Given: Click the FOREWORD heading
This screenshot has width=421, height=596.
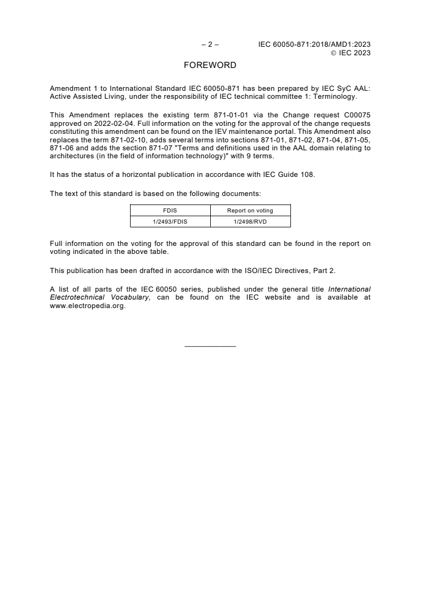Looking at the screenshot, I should pyautogui.click(x=210, y=66).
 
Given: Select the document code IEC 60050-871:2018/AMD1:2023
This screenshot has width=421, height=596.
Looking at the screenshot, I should pyautogui.click(x=314, y=45).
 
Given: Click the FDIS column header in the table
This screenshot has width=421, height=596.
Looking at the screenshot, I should pyautogui.click(x=170, y=210).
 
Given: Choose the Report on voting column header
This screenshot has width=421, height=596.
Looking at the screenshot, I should pyautogui.click(x=250, y=210).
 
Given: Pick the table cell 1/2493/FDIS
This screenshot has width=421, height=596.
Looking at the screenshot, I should pyautogui.click(x=170, y=221).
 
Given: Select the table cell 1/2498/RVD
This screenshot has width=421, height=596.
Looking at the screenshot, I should pyautogui.click(x=250, y=221).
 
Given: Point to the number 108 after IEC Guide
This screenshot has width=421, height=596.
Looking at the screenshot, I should pyautogui.click(x=308, y=173).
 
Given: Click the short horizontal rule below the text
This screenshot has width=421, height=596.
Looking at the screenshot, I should pyautogui.click(x=210, y=347).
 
